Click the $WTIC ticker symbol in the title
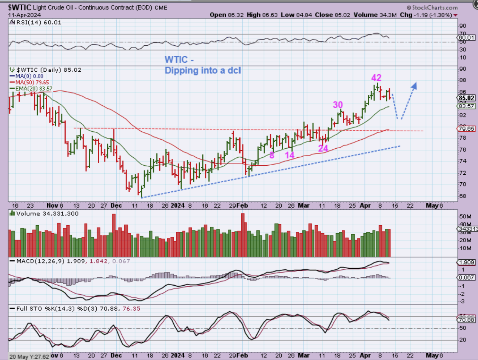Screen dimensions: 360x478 tap(20, 7)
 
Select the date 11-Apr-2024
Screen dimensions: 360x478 tap(25, 15)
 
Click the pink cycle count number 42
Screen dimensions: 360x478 tap(376, 78)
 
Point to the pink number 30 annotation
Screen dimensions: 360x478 tap(338, 105)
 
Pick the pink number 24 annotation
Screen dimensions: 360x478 tap(323, 148)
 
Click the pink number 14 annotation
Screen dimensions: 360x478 tap(290, 155)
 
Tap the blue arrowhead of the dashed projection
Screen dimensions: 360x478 tap(414, 86)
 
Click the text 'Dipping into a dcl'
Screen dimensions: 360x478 tap(203, 71)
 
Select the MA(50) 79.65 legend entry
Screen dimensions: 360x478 tap(32, 82)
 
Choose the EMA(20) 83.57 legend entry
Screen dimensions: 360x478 tap(34, 89)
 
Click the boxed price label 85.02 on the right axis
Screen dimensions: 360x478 tap(467, 98)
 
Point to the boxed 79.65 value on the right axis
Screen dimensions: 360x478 tap(467, 129)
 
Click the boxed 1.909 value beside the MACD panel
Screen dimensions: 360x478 tap(467, 262)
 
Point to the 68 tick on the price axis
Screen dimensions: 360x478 tap(462, 196)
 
